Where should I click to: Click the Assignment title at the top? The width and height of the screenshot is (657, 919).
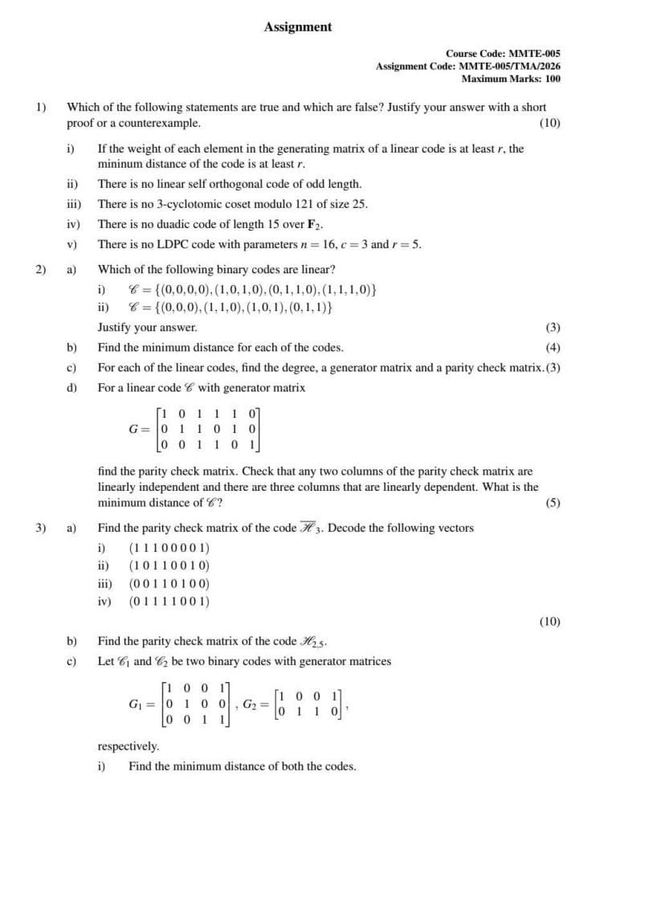[x=297, y=27]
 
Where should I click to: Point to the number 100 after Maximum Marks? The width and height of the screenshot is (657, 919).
[x=552, y=79]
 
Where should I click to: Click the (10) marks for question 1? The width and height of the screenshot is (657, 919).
[x=549, y=123]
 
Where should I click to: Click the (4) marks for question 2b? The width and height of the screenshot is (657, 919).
[x=553, y=348]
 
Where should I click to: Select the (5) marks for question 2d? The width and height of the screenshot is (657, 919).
[x=553, y=503]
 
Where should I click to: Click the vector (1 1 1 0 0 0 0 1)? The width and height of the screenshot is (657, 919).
[x=169, y=548]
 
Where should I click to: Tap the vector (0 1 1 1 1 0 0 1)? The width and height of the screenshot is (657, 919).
[x=169, y=601]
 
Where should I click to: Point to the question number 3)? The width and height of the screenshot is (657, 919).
[x=40, y=528]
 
